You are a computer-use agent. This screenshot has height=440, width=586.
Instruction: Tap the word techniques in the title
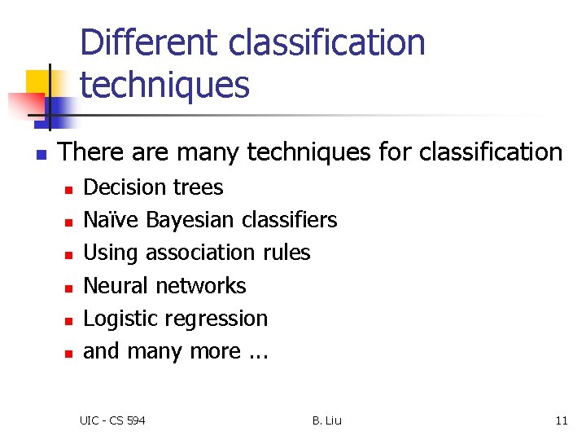pos(164,84)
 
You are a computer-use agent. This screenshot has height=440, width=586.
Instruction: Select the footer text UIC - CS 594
pos(112,420)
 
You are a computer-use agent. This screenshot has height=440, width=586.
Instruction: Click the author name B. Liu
pos(326,420)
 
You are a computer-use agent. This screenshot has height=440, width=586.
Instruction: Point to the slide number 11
pos(561,420)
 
